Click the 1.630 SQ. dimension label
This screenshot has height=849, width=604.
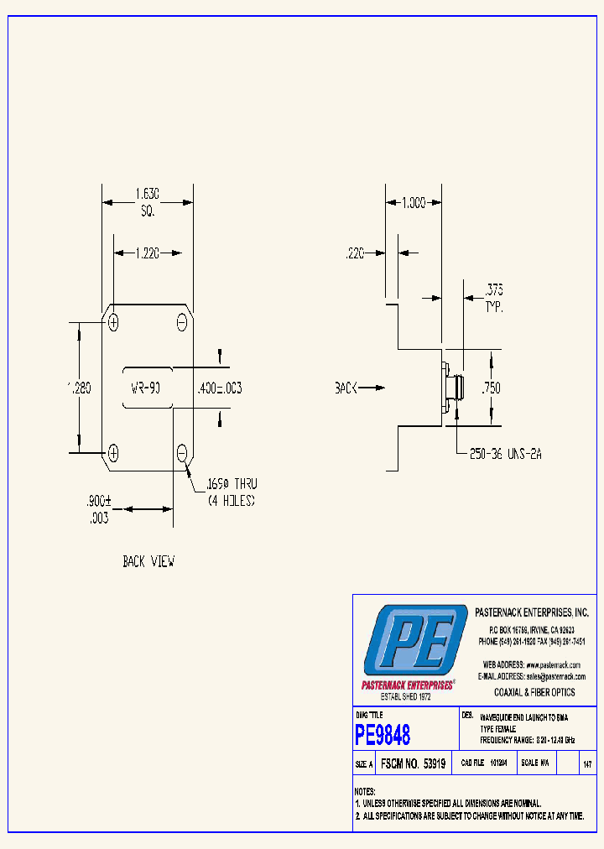[x=148, y=201]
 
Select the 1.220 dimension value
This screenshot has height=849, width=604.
[x=148, y=251]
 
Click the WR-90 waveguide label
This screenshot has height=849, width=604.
[x=148, y=388]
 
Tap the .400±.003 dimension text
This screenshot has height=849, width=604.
[x=218, y=388]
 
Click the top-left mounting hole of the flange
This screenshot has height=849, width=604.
[x=113, y=322]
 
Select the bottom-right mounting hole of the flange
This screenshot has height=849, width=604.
[x=182, y=454]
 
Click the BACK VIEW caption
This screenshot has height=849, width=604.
[x=148, y=561]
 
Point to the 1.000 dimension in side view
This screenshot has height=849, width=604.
[x=413, y=202]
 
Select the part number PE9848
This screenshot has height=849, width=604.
[x=383, y=736]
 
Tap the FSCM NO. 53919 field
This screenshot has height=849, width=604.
[x=413, y=764]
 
